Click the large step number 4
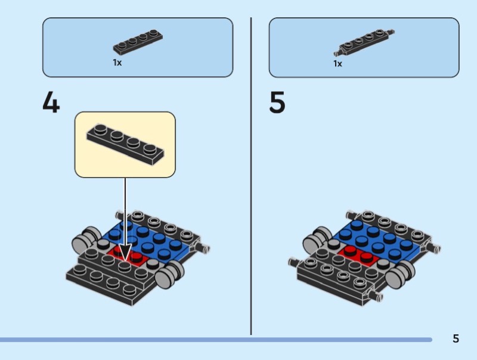51,103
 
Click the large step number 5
277,103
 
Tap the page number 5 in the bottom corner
456,339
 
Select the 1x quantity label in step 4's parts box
117,63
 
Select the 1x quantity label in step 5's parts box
337,63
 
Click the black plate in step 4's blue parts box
138,43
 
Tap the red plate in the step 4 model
132,258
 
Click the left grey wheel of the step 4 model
85,241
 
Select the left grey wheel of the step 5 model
314,241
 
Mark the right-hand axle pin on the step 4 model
205,247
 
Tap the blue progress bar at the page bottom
215,340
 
